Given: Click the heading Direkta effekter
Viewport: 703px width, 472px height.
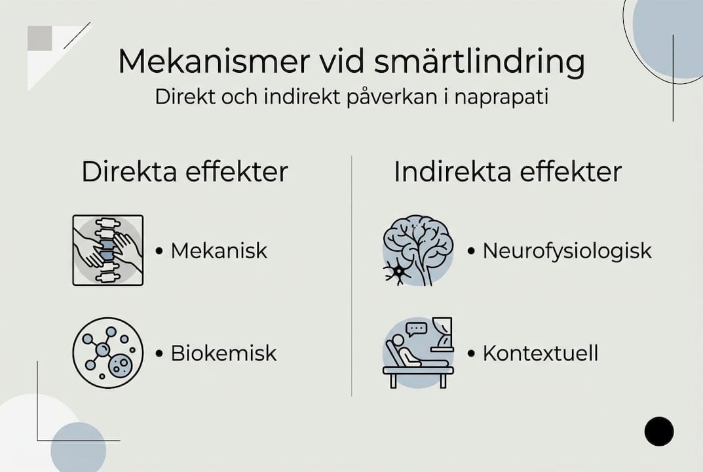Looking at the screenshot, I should (185, 172).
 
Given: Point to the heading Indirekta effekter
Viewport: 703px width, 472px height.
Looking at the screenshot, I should (508, 172).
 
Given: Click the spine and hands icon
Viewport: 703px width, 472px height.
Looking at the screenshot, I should (107, 250).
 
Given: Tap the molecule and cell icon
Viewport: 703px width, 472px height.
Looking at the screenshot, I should (107, 353).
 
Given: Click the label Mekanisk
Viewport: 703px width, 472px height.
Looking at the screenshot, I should (219, 251).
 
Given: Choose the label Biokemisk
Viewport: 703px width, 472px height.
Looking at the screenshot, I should (223, 353).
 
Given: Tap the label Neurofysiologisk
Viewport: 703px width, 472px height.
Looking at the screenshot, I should (567, 251).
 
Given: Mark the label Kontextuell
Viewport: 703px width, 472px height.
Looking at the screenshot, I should (541, 353).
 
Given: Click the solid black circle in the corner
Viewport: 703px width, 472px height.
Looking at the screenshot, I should (658, 431).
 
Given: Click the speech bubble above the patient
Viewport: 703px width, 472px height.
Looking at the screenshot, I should (416, 328).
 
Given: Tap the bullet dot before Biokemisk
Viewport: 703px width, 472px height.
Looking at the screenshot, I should (159, 354).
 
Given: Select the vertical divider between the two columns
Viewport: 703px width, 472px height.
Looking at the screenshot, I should (352, 275).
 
